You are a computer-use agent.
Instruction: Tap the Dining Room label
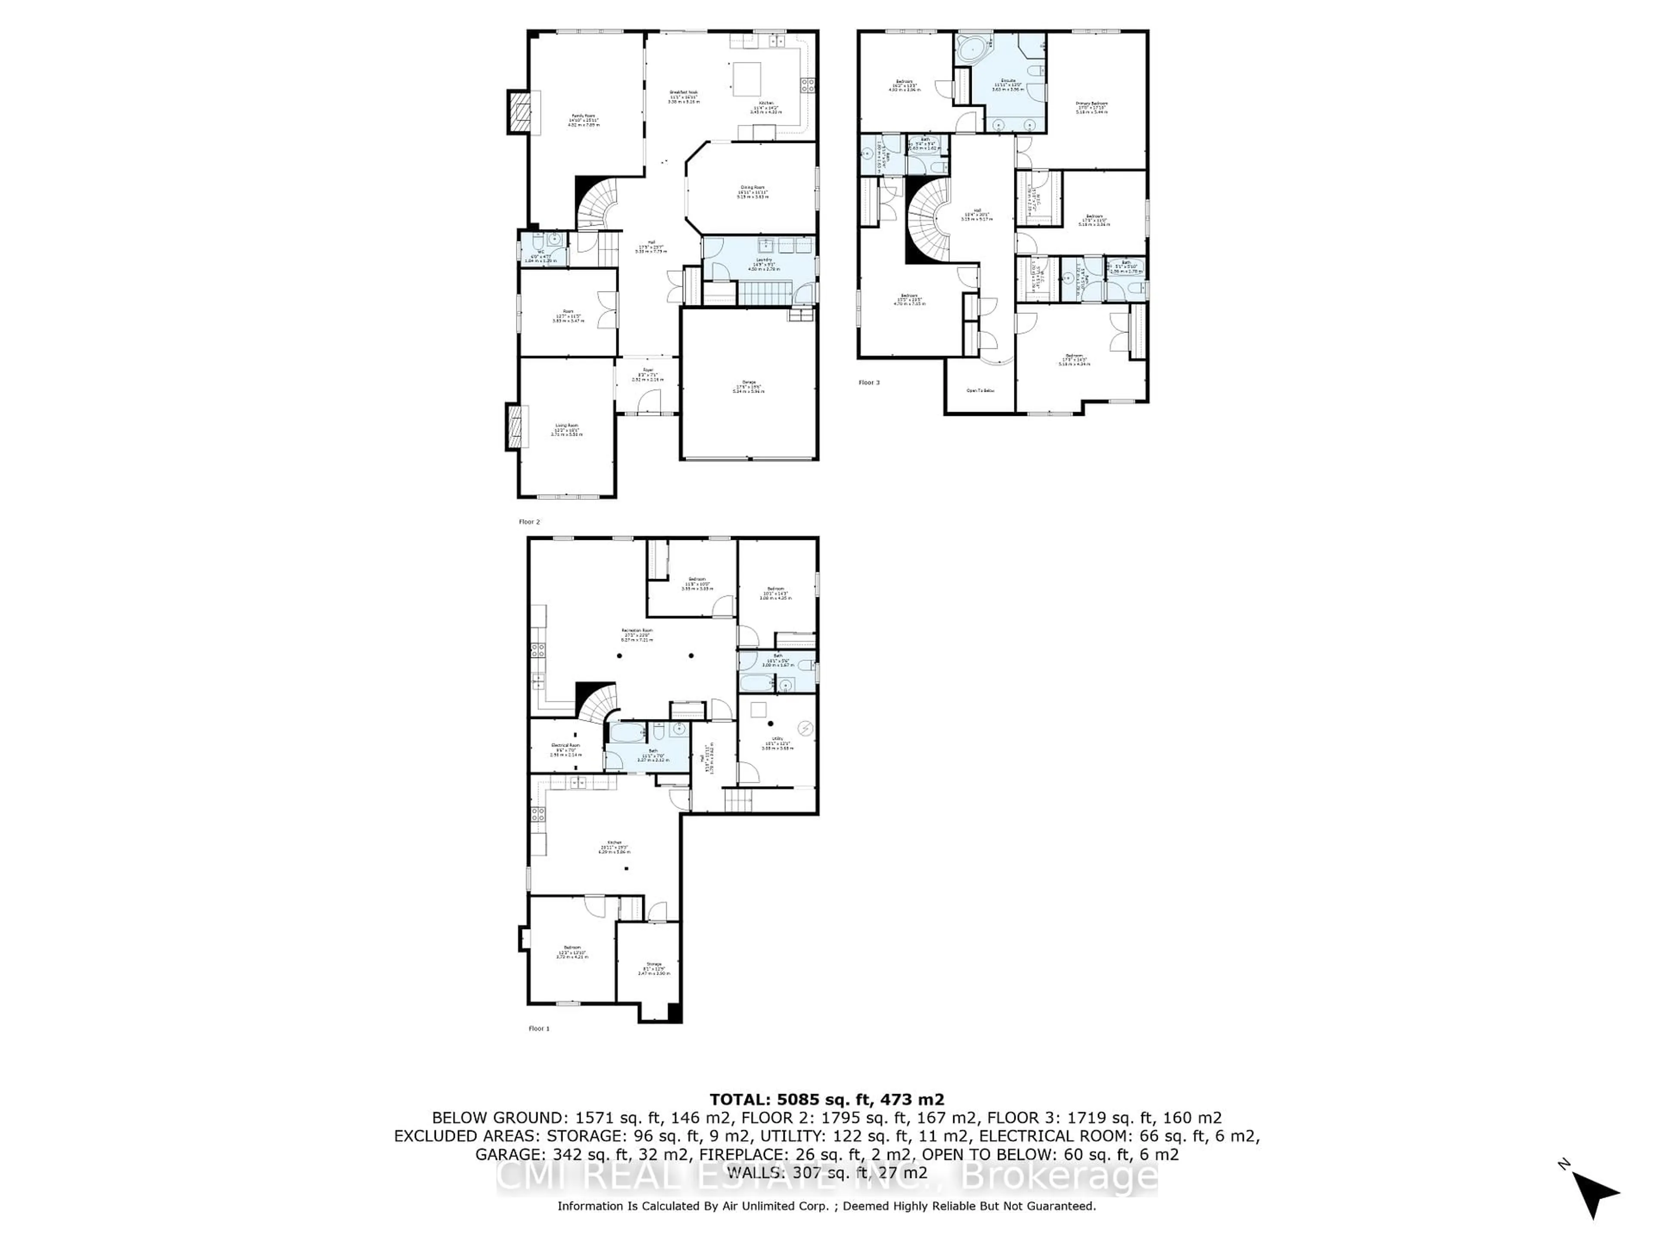coord(752,191)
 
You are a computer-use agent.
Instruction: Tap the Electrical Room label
coord(565,748)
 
